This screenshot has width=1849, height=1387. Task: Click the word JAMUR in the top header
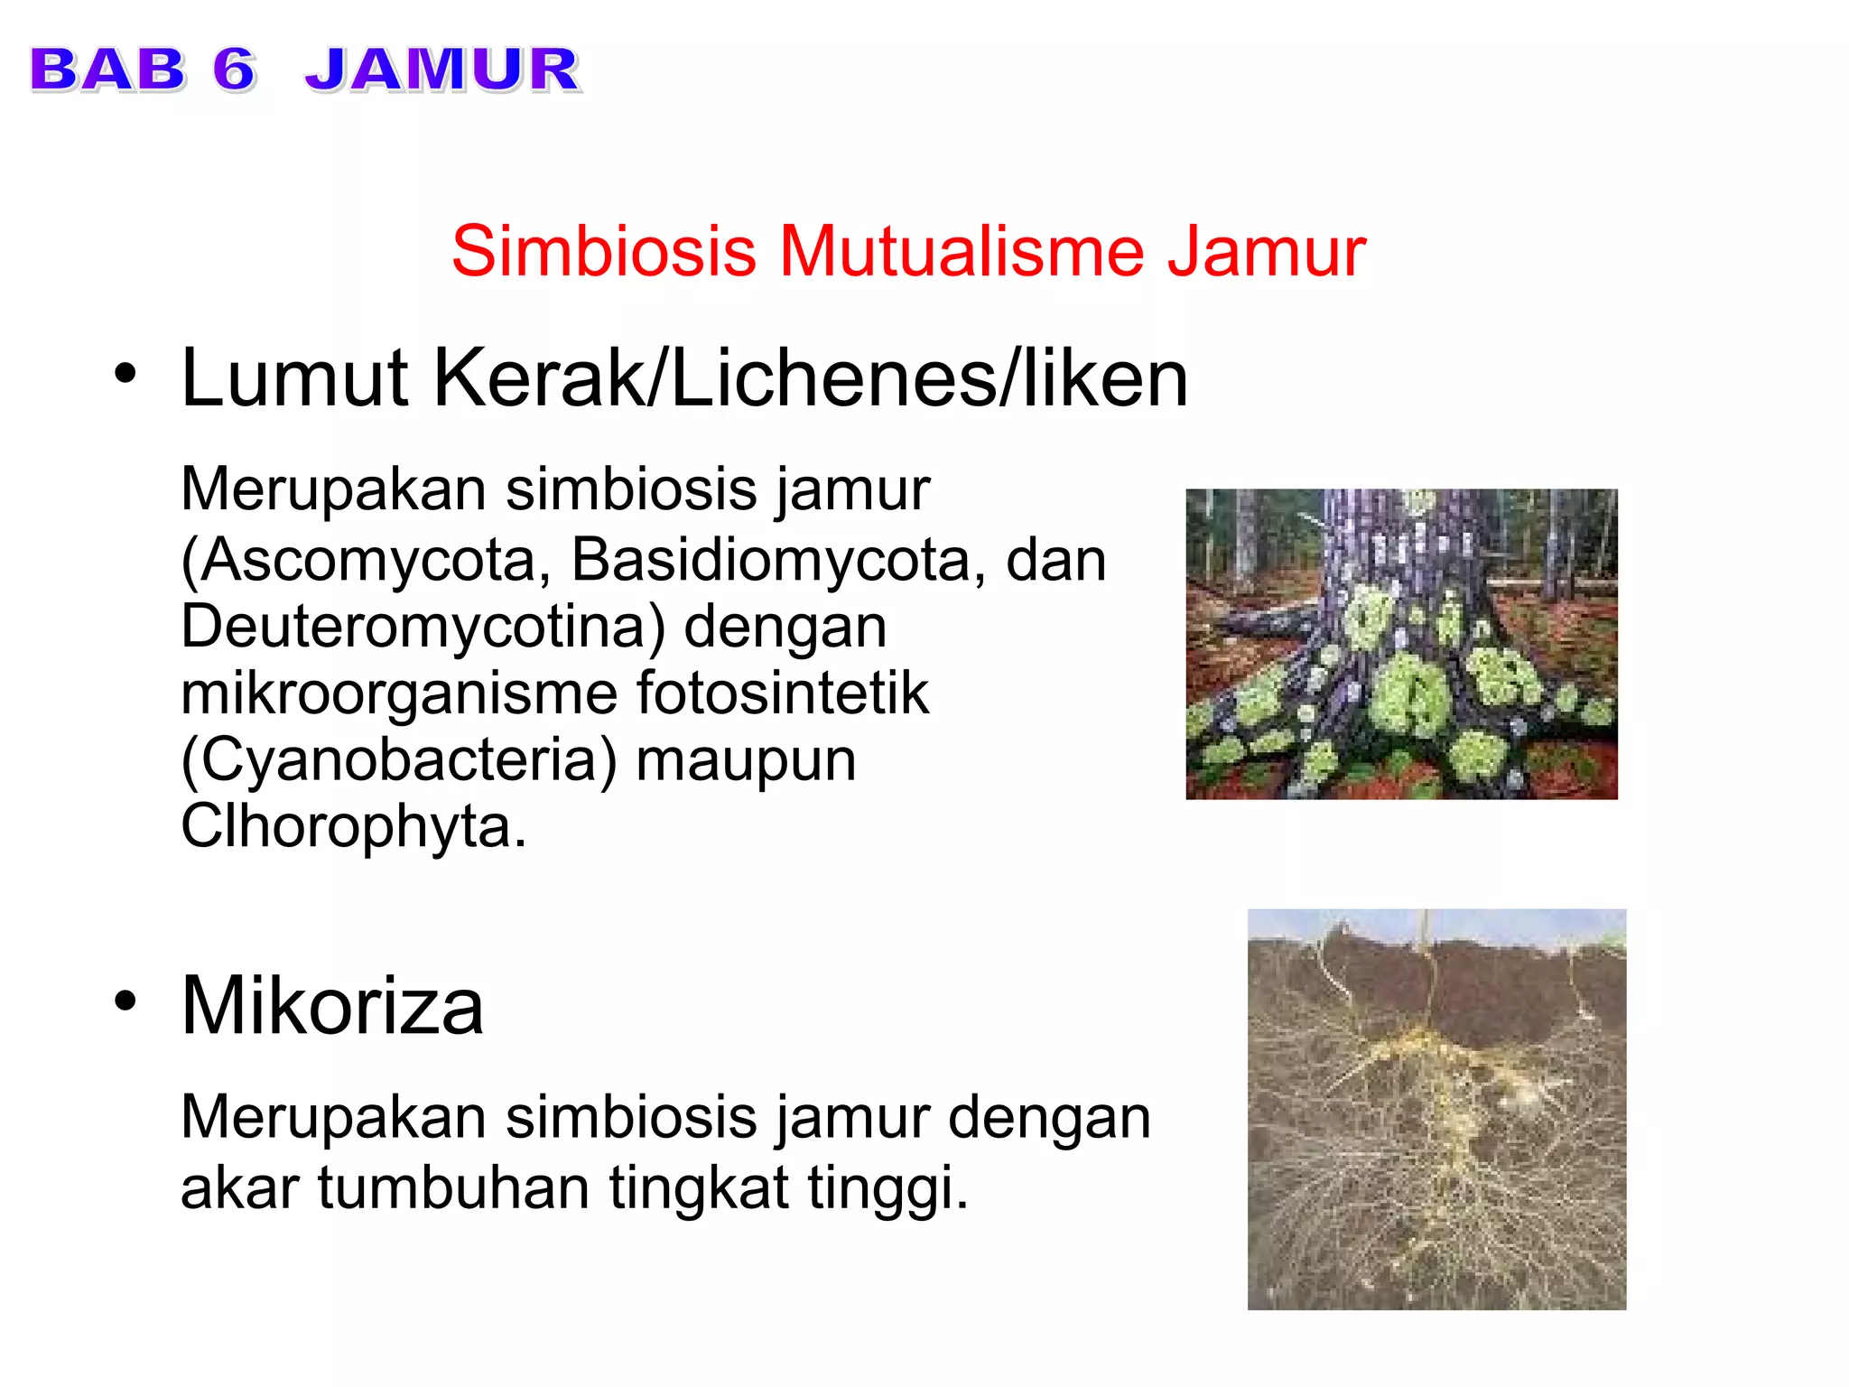441,70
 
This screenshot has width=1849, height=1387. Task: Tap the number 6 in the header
234,70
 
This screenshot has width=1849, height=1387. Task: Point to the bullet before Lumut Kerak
125,372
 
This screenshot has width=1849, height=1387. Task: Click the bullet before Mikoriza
125,1000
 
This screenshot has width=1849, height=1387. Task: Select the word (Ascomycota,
366,560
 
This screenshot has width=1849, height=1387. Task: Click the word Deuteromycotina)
423,627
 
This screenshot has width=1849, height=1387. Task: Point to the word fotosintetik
782,693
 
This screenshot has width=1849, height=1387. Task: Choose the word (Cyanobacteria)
398,760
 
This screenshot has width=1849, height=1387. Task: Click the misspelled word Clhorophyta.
353,826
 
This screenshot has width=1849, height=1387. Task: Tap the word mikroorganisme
398,693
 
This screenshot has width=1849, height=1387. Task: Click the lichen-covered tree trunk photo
1401,644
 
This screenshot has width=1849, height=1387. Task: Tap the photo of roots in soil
1436,1109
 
